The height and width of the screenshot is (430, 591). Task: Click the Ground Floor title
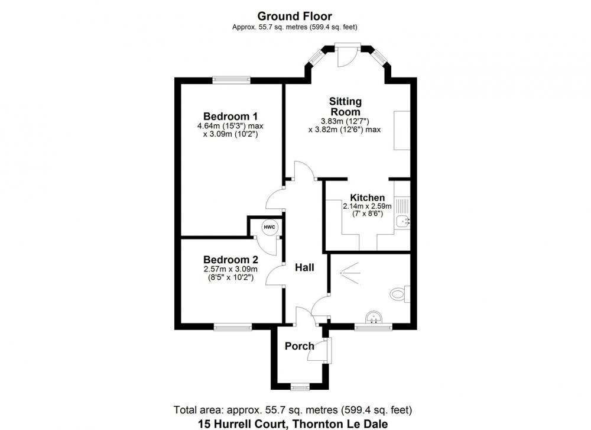294,16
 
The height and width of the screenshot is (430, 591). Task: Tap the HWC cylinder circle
270,227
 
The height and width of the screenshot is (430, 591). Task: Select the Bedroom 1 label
230,116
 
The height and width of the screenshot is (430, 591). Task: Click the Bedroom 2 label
230,260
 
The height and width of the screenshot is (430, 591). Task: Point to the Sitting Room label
345,106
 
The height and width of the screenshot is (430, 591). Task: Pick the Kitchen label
368,198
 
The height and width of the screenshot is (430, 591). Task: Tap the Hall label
304,267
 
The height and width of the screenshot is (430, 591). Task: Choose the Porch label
299,346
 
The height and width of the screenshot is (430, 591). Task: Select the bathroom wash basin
374,318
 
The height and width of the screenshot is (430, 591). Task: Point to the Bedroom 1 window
231,80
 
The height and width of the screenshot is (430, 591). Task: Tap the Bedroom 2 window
232,327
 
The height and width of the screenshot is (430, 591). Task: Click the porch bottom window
300,386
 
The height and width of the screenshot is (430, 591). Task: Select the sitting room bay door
348,55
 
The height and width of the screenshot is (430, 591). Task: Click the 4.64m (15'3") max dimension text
230,126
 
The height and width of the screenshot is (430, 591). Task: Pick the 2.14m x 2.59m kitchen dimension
367,206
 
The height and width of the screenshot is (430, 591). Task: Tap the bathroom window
373,327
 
